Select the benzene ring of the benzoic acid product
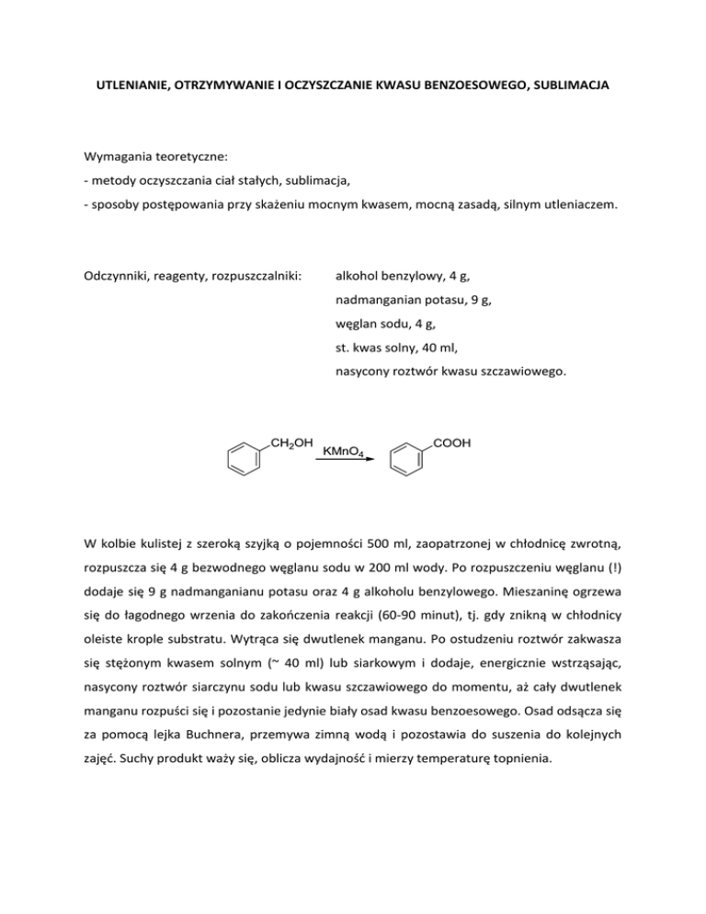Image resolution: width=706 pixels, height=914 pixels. tap(409, 460)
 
